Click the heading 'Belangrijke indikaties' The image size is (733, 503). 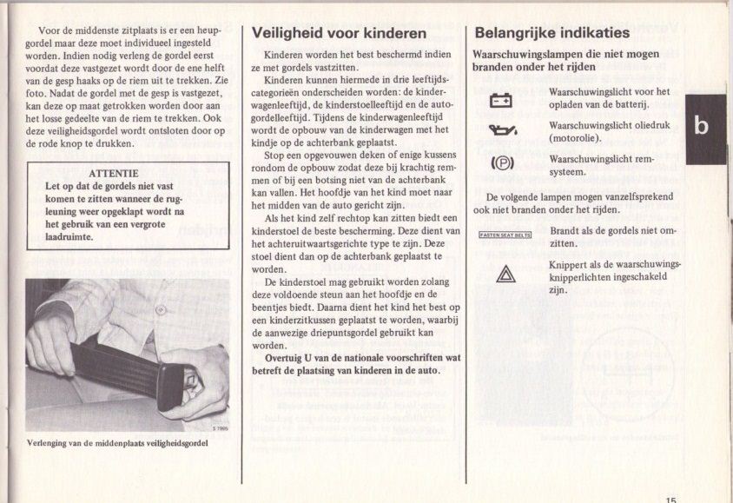(551, 34)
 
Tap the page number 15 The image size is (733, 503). (671, 498)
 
